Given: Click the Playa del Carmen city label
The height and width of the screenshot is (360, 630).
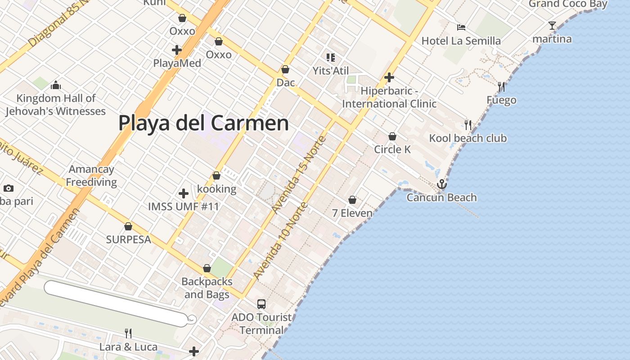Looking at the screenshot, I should pyautogui.click(x=203, y=123).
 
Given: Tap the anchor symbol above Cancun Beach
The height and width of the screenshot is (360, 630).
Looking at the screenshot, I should pyautogui.click(x=442, y=184).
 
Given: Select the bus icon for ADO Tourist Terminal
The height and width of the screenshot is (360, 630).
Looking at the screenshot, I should pyautogui.click(x=261, y=304).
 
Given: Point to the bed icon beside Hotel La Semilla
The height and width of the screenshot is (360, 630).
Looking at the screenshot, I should pyautogui.click(x=461, y=27).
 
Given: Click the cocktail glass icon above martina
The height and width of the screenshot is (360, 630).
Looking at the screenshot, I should pyautogui.click(x=552, y=26).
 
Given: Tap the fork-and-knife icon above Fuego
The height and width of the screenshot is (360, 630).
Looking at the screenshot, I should pyautogui.click(x=501, y=87).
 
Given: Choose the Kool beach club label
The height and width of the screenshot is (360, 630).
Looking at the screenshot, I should pyautogui.click(x=468, y=138).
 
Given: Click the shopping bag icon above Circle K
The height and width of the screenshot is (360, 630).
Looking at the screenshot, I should pyautogui.click(x=392, y=136).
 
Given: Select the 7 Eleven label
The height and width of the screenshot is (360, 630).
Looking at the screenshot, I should pyautogui.click(x=352, y=213).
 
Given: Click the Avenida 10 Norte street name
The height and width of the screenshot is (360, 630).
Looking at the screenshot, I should pyautogui.click(x=281, y=241).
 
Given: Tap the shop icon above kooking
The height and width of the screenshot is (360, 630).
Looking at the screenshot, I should pyautogui.click(x=216, y=175).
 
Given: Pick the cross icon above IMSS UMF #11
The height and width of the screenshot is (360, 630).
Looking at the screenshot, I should pyautogui.click(x=184, y=193).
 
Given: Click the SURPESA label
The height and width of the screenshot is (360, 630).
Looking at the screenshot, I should pyautogui.click(x=129, y=239).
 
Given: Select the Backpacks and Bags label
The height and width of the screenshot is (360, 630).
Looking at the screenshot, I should pyautogui.click(x=207, y=288).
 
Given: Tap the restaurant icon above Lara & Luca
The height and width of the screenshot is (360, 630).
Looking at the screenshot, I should pyautogui.click(x=128, y=333).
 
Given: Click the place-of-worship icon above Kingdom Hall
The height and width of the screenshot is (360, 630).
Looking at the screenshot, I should pyautogui.click(x=56, y=85).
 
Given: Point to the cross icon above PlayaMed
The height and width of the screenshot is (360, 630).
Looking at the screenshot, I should pyautogui.click(x=177, y=49).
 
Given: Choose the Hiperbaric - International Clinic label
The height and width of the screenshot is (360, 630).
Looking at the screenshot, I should pyautogui.click(x=389, y=97).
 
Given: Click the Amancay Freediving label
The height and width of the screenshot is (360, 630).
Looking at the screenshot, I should pyautogui.click(x=91, y=175).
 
